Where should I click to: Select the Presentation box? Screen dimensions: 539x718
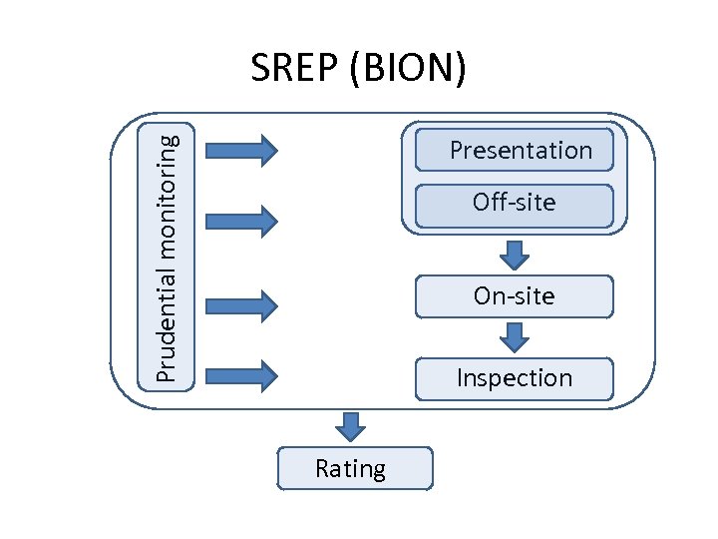click(x=514, y=150)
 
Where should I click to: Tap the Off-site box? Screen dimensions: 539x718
click(x=514, y=205)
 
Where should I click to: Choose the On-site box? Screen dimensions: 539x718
click(x=514, y=296)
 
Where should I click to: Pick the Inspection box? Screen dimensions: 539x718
click(x=514, y=378)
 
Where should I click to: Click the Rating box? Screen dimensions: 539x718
click(x=355, y=468)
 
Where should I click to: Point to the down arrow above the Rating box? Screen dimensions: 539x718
click(x=350, y=426)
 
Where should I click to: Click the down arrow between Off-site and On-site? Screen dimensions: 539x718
click(x=514, y=255)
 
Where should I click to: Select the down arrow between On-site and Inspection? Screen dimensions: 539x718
click(x=514, y=336)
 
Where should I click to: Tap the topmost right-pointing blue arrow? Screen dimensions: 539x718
click(x=240, y=150)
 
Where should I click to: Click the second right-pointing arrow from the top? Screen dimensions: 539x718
click(x=240, y=220)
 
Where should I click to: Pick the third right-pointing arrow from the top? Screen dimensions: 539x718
click(x=240, y=304)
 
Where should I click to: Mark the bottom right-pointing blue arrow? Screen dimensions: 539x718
click(x=240, y=375)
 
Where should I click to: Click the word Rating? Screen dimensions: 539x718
click(x=350, y=468)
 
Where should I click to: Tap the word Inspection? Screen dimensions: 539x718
click(x=514, y=378)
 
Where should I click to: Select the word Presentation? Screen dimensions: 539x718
click(x=521, y=151)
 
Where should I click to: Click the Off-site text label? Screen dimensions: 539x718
click(x=514, y=203)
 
